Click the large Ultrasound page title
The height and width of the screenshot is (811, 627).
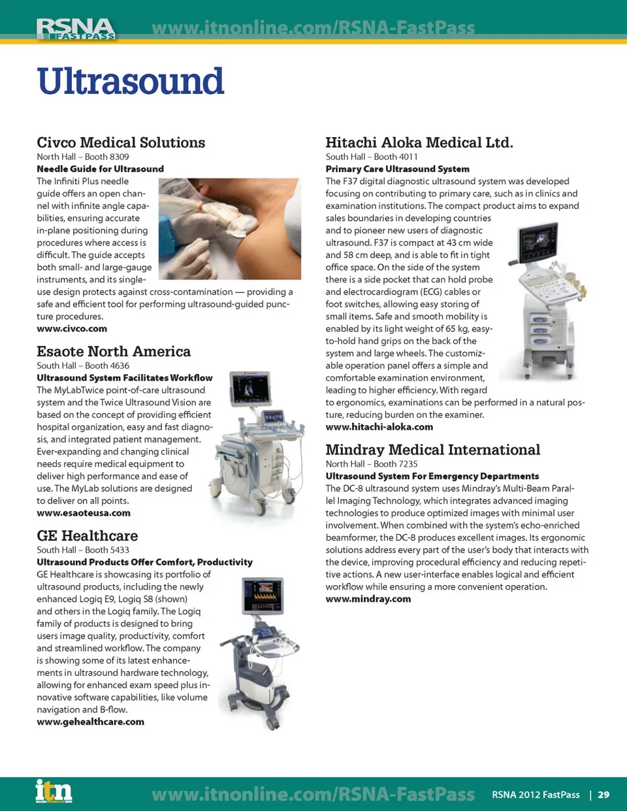(x=130, y=81)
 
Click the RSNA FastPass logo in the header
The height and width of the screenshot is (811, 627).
(x=76, y=29)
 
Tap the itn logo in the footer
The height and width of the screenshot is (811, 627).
(x=54, y=790)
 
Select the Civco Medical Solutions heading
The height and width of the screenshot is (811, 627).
(x=121, y=142)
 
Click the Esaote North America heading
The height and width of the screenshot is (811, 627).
(x=114, y=351)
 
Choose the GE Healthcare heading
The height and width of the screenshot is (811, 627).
(x=88, y=536)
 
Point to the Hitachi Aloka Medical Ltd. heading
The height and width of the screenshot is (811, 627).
(x=419, y=142)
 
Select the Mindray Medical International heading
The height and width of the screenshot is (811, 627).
(x=433, y=450)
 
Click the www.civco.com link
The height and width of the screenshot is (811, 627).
(x=72, y=329)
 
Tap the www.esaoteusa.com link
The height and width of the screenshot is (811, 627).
(x=84, y=513)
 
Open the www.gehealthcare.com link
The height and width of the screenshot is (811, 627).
(x=90, y=722)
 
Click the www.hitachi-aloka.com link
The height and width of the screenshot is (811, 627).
(x=379, y=427)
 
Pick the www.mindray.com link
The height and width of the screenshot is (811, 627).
(x=368, y=599)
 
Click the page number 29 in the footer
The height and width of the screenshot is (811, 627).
(x=603, y=794)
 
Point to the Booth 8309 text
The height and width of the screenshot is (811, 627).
(x=106, y=157)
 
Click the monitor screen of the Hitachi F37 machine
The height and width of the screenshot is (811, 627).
(x=538, y=243)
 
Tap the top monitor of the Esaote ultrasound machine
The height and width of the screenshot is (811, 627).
(x=249, y=389)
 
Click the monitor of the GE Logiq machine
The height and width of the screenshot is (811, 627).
(x=263, y=596)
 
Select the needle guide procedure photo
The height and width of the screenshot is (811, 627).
(x=230, y=229)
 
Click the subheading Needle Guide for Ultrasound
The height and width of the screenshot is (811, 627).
(x=100, y=169)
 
